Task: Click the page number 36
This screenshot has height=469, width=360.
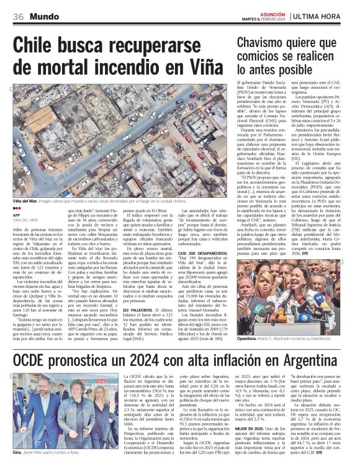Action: pos(18,16)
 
